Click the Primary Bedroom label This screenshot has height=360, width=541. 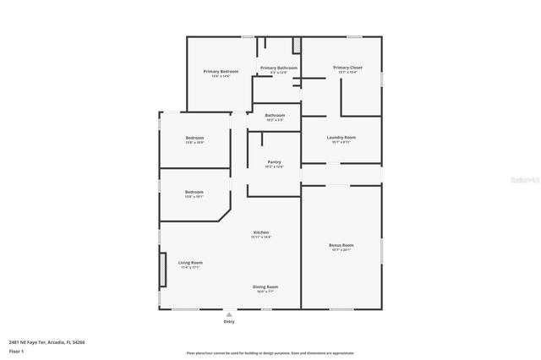pyautogui.click(x=221, y=72)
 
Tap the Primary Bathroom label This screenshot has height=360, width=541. pyautogui.click(x=279, y=68)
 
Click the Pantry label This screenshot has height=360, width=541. pyautogui.click(x=274, y=161)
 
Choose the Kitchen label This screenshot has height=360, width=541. pyautogui.click(x=261, y=232)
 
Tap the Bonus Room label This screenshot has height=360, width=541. pyautogui.click(x=342, y=245)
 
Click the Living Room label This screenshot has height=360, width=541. pyautogui.click(x=190, y=263)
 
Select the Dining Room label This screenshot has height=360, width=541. pyautogui.click(x=265, y=286)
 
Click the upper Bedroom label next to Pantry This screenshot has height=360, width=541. pyautogui.click(x=194, y=138)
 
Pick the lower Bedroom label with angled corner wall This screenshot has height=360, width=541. pyautogui.click(x=194, y=192)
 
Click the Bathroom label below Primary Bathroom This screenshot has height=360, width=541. pyautogui.click(x=275, y=116)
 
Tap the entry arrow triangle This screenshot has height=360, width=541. pyautogui.click(x=228, y=314)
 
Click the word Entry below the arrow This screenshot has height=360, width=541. pyautogui.click(x=228, y=322)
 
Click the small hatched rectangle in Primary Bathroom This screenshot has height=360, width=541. pyautogui.click(x=297, y=46)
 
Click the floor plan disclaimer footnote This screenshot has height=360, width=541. pyautogui.click(x=270, y=352)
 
